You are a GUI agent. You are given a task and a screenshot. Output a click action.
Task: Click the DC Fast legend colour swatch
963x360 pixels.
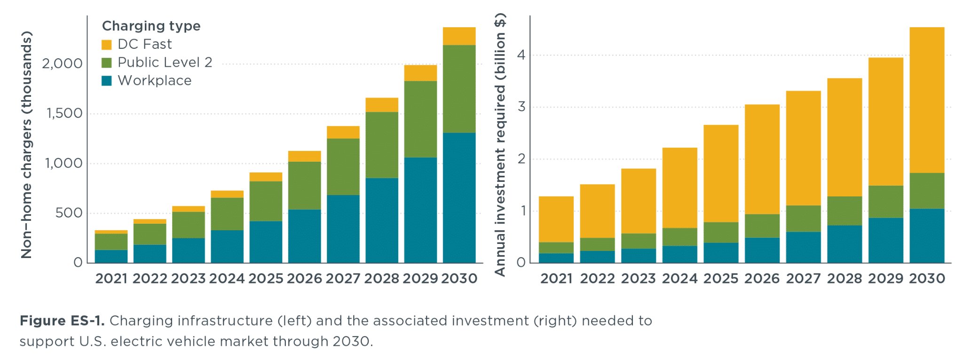(107, 45)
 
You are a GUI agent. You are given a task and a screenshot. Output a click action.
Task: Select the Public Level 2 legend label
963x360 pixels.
(165, 63)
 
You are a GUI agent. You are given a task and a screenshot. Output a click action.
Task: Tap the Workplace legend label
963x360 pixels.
(154, 81)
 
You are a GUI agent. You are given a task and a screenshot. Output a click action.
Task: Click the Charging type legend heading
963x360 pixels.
(151, 26)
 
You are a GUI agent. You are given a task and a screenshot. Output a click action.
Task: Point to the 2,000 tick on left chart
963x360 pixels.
(62, 63)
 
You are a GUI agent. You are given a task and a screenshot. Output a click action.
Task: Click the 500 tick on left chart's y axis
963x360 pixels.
(69, 213)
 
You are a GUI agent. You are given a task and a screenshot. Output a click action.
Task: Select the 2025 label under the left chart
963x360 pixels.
(266, 279)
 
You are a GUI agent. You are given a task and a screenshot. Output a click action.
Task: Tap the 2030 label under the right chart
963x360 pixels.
(927, 279)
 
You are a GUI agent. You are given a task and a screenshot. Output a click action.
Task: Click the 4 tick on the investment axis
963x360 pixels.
(521, 55)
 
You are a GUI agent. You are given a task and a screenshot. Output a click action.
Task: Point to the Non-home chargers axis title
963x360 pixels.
(26, 145)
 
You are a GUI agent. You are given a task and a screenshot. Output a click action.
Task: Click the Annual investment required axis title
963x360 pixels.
(500, 145)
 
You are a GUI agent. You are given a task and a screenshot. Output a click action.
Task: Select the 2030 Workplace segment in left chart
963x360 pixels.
(459, 197)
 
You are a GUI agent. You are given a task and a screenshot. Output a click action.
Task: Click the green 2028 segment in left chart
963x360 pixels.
(382, 145)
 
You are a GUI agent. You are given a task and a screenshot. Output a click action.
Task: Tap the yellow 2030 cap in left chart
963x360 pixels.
(459, 36)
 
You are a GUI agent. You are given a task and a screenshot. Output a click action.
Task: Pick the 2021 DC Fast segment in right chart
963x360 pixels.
(556, 219)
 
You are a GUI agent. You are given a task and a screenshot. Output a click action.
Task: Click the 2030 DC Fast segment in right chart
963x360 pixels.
(927, 100)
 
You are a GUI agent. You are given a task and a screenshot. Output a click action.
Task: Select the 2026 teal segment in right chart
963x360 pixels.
(762, 250)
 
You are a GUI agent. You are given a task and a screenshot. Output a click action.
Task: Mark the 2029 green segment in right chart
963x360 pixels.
(885, 202)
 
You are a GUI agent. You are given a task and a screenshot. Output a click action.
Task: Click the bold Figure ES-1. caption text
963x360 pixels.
(62, 321)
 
